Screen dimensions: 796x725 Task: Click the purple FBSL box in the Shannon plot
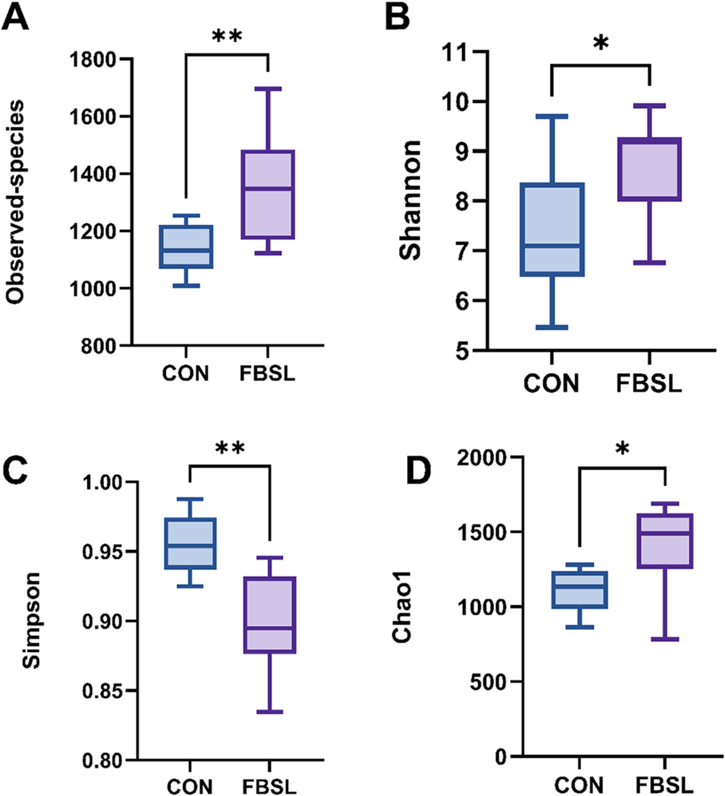point(649,169)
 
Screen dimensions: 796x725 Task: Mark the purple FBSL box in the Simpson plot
point(270,614)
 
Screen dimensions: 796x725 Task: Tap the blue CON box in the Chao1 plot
point(579,590)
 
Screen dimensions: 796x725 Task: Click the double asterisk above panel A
point(228,36)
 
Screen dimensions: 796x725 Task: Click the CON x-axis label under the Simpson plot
point(190,787)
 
